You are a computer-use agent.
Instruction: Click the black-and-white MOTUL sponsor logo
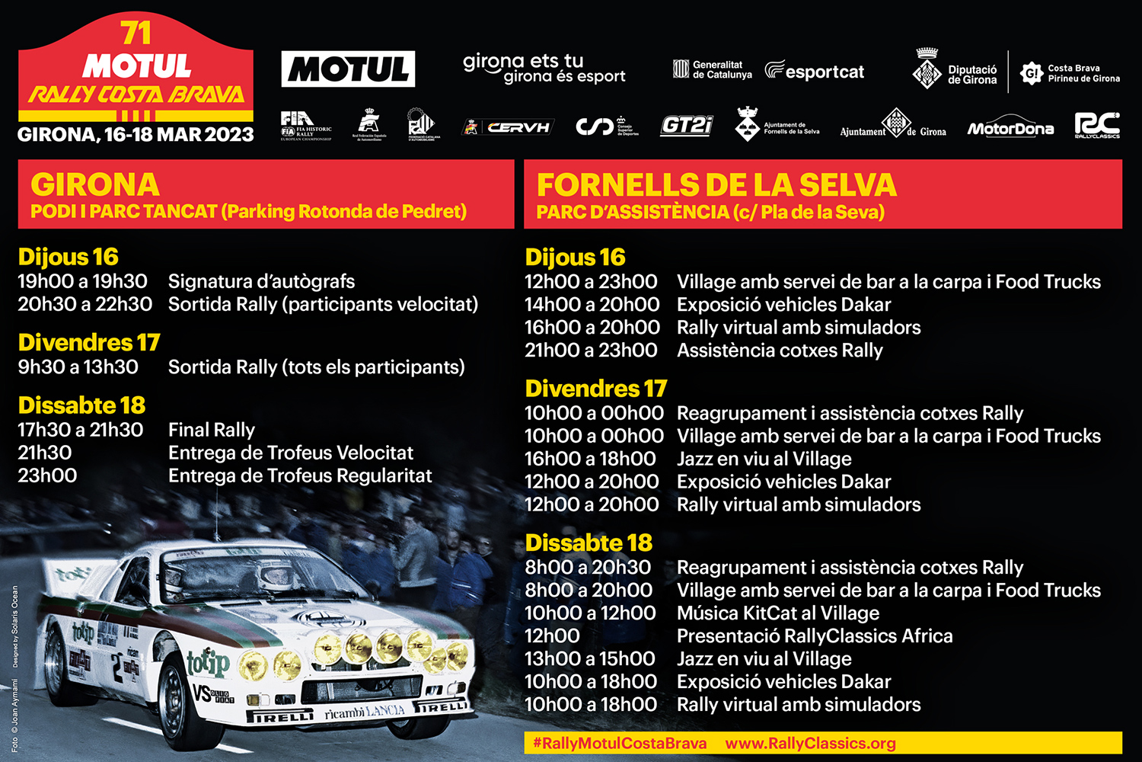click(348, 69)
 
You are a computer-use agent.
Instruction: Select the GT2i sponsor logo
click(686, 126)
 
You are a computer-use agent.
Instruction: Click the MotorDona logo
click(1010, 129)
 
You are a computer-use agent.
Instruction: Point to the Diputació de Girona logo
click(955, 71)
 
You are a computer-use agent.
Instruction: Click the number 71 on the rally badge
click(136, 34)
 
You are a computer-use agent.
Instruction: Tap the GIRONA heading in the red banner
click(95, 185)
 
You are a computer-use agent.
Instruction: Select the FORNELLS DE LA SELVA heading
click(716, 185)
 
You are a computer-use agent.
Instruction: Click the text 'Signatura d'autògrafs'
click(261, 281)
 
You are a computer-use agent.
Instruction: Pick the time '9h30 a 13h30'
click(78, 367)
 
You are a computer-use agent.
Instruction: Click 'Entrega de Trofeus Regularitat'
click(300, 475)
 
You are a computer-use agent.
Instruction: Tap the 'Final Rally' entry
click(212, 430)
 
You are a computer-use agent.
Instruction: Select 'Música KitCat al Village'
click(777, 613)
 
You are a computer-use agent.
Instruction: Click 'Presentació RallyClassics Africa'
click(815, 636)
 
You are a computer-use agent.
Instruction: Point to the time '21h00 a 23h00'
click(591, 350)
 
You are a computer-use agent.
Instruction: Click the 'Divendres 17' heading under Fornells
click(595, 389)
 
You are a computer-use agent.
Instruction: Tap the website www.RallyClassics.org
click(810, 743)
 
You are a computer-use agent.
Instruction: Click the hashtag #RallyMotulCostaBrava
click(619, 743)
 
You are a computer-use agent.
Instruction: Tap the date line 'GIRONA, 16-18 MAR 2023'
click(136, 135)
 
